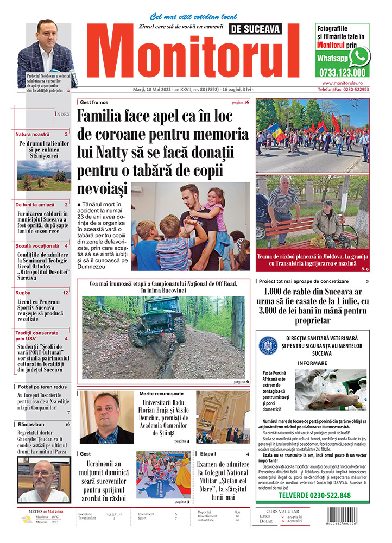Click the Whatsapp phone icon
click(x=359, y=56)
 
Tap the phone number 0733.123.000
click(x=342, y=72)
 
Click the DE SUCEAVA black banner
click(x=263, y=28)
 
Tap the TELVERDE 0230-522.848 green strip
click(x=314, y=495)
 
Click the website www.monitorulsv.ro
click(x=342, y=83)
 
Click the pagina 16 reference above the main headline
click(x=240, y=102)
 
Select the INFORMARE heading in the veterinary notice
click(x=312, y=362)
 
